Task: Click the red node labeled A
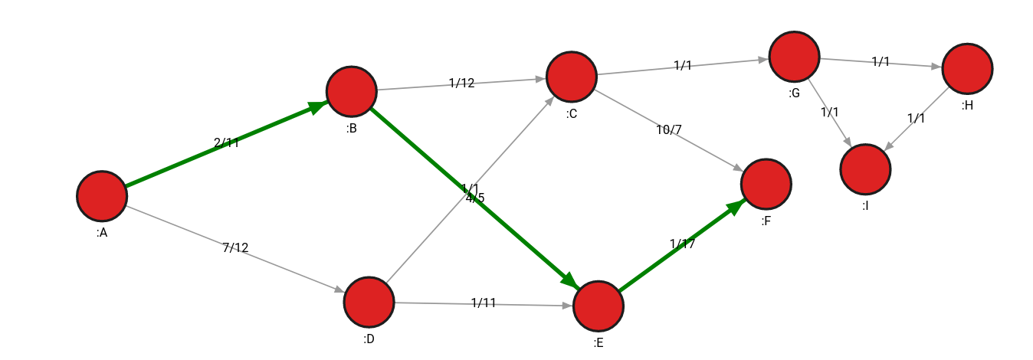click(x=102, y=196)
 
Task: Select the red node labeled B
click(x=352, y=91)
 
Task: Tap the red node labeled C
click(x=572, y=77)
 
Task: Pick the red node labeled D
click(x=369, y=302)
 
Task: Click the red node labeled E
click(x=598, y=306)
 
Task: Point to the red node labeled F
click(x=766, y=185)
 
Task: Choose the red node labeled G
click(x=795, y=57)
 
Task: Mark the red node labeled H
click(x=968, y=69)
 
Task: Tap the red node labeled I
click(x=866, y=169)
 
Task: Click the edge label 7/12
click(x=235, y=247)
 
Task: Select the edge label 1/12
click(x=462, y=83)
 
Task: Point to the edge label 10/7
click(x=669, y=129)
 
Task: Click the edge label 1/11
click(x=484, y=303)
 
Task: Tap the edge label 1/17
click(x=683, y=244)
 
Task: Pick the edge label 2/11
click(x=227, y=142)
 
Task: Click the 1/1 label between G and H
click(x=881, y=62)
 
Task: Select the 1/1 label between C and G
click(x=683, y=66)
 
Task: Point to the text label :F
click(x=766, y=221)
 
